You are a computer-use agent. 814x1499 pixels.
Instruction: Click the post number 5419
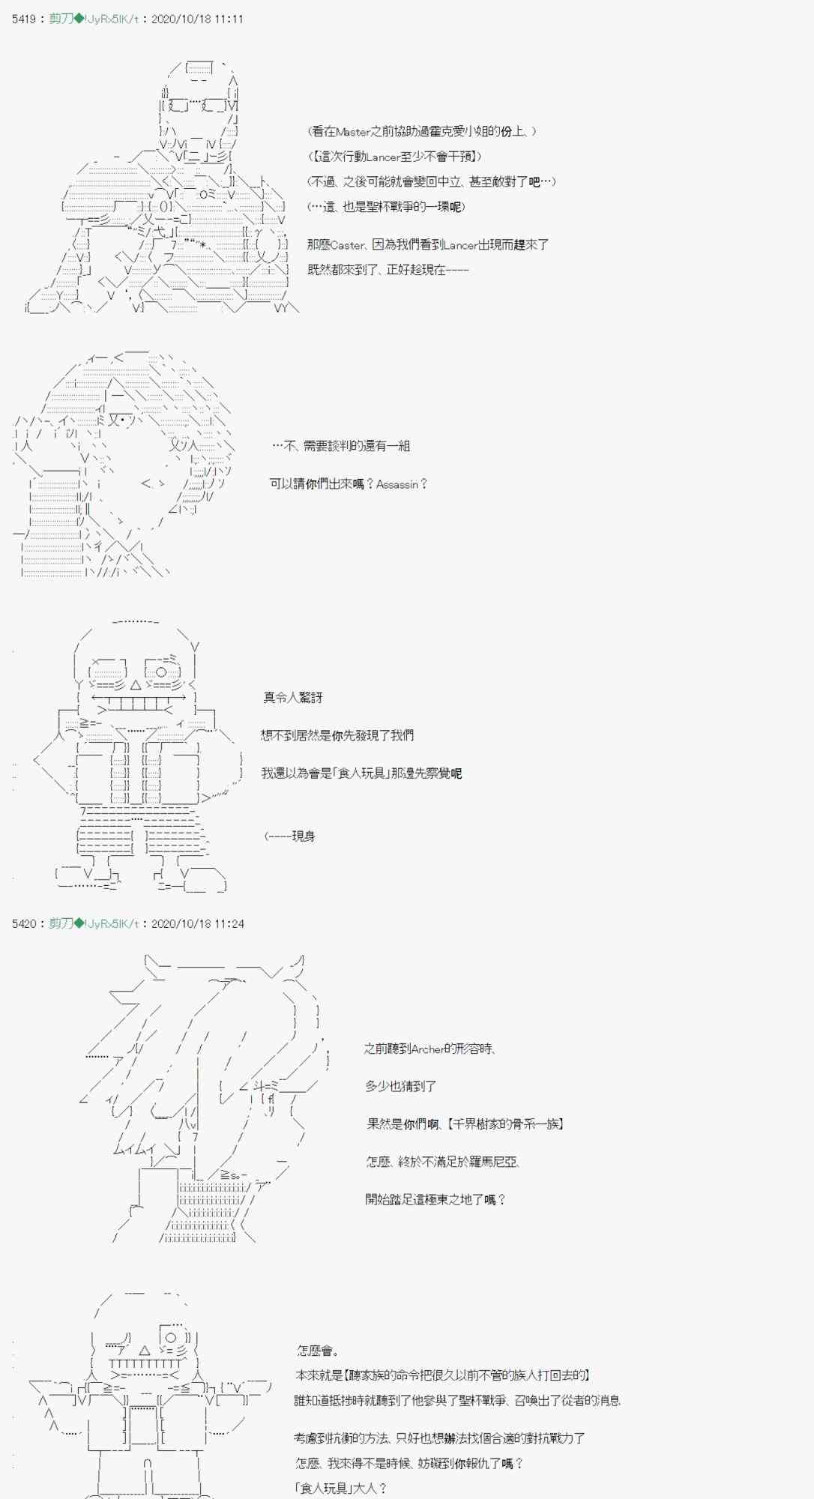(x=24, y=19)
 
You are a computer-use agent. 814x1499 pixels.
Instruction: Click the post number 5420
(x=24, y=923)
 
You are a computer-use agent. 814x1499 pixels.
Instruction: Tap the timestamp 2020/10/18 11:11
(x=197, y=19)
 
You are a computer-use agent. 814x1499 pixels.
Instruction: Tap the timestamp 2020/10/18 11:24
(x=197, y=923)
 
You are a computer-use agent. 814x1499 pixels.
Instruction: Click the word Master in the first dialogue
(x=353, y=131)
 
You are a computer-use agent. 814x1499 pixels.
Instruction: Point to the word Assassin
(x=397, y=484)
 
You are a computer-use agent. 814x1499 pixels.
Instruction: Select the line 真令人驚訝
(x=293, y=697)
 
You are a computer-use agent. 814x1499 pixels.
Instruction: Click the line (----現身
(x=289, y=836)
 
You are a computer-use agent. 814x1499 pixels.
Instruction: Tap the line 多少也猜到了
(x=400, y=1086)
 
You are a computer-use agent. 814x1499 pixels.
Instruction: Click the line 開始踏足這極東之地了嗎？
(x=435, y=1199)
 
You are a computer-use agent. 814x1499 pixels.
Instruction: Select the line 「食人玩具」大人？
(x=341, y=1488)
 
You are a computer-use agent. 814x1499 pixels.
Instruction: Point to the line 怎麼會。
(x=318, y=1351)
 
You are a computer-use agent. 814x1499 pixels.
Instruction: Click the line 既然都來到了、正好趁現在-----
(x=388, y=270)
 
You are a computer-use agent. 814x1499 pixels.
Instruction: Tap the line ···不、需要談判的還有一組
(x=341, y=446)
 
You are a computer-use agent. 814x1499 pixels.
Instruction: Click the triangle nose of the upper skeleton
(x=136, y=684)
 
